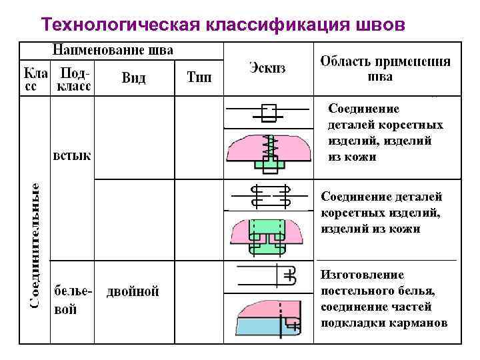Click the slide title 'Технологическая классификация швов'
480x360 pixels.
click(x=222, y=24)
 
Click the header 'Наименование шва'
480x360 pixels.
click(x=113, y=50)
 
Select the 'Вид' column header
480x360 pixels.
click(x=133, y=78)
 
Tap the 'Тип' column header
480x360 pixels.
click(x=199, y=78)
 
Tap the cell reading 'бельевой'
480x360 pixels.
click(x=74, y=300)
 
